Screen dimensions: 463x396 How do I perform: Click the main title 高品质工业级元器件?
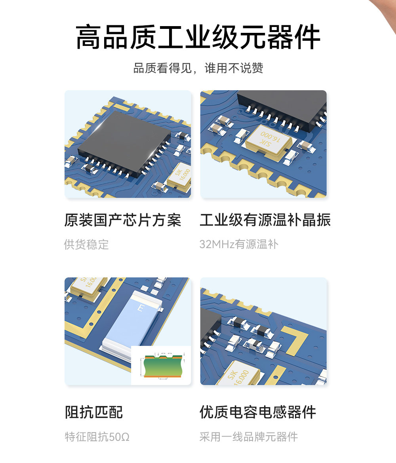[x=198, y=37]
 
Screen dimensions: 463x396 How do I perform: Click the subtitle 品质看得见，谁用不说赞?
[x=198, y=68]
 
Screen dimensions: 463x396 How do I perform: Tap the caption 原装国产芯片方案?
[x=122, y=220]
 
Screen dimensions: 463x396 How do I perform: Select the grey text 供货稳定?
[x=86, y=244]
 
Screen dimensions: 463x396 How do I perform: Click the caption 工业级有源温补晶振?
[x=265, y=220]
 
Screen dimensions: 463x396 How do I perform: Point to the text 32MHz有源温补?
[x=239, y=244]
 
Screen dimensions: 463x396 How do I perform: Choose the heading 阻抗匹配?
[x=94, y=412]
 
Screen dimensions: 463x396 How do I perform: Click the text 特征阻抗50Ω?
[x=97, y=437]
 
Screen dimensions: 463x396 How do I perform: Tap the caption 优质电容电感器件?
[x=258, y=412]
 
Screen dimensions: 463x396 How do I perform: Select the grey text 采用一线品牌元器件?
[x=248, y=437]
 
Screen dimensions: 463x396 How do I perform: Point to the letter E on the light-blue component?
[x=140, y=307]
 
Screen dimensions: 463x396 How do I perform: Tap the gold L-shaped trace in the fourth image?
[x=297, y=340]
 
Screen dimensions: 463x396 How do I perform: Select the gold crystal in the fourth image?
[x=238, y=374]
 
